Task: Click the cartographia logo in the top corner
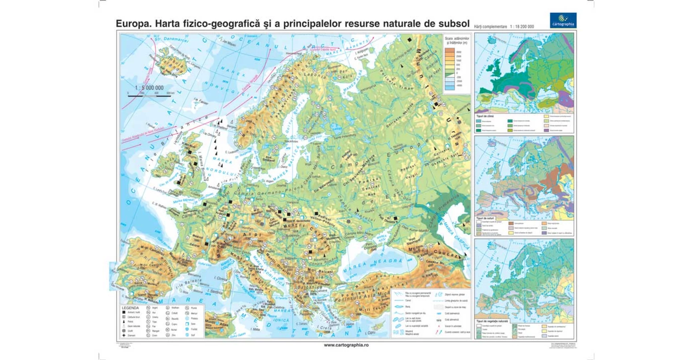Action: click(x=563, y=20)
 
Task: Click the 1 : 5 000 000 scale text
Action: click(x=149, y=88)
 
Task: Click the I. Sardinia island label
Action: click(x=215, y=292)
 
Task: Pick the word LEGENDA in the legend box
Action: click(x=130, y=308)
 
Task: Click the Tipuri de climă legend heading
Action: click(x=485, y=116)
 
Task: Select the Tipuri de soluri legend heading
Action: click(x=485, y=218)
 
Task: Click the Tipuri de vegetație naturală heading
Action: click(x=492, y=321)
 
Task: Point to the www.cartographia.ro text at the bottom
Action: click(x=346, y=345)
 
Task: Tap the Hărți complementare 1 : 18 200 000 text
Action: click(x=504, y=27)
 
